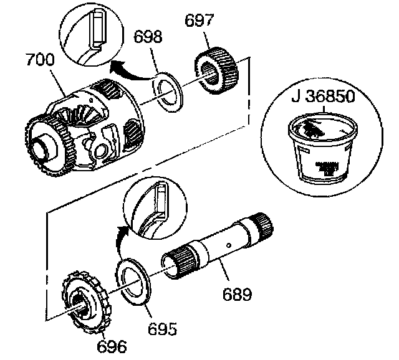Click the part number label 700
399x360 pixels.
[39, 61]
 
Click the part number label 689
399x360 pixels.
[238, 293]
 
